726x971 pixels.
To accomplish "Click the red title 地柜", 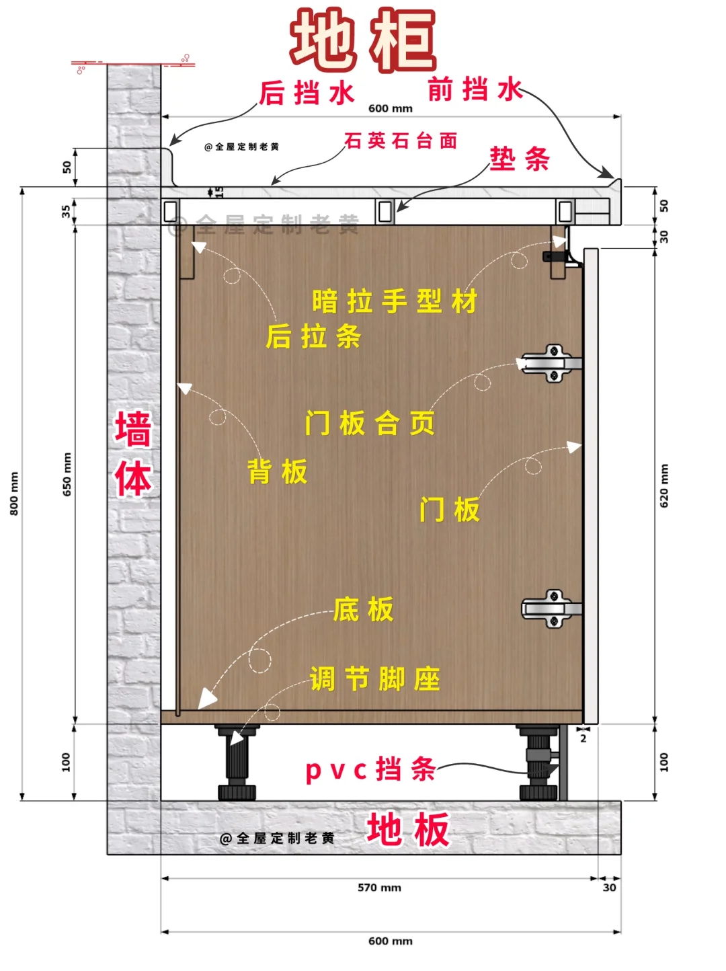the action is (x=363, y=40).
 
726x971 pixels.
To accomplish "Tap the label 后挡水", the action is (x=307, y=93).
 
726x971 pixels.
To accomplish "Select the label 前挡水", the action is (x=475, y=89).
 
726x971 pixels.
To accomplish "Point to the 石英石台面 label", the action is (x=401, y=141).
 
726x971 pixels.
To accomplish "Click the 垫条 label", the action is (x=520, y=159).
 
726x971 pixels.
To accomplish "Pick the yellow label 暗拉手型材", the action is (x=395, y=301).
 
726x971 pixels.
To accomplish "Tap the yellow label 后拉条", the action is (x=313, y=336).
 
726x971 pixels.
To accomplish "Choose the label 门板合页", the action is (x=370, y=424).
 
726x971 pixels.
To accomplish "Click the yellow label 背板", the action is (x=278, y=472).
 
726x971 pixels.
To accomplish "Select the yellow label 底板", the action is (x=363, y=609).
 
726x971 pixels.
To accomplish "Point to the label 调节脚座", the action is (x=374, y=679).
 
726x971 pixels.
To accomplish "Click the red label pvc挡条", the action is (x=370, y=769).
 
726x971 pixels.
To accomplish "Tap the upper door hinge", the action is (x=551, y=363).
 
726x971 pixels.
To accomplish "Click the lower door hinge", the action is (x=551, y=609).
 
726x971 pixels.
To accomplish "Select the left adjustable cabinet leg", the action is (x=237, y=763).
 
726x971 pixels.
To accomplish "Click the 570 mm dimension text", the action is (x=379, y=888).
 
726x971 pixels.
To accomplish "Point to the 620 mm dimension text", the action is (x=664, y=485).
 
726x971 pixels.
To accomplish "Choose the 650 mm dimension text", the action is (x=67, y=475).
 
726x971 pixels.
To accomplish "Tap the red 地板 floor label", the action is (x=408, y=829).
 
